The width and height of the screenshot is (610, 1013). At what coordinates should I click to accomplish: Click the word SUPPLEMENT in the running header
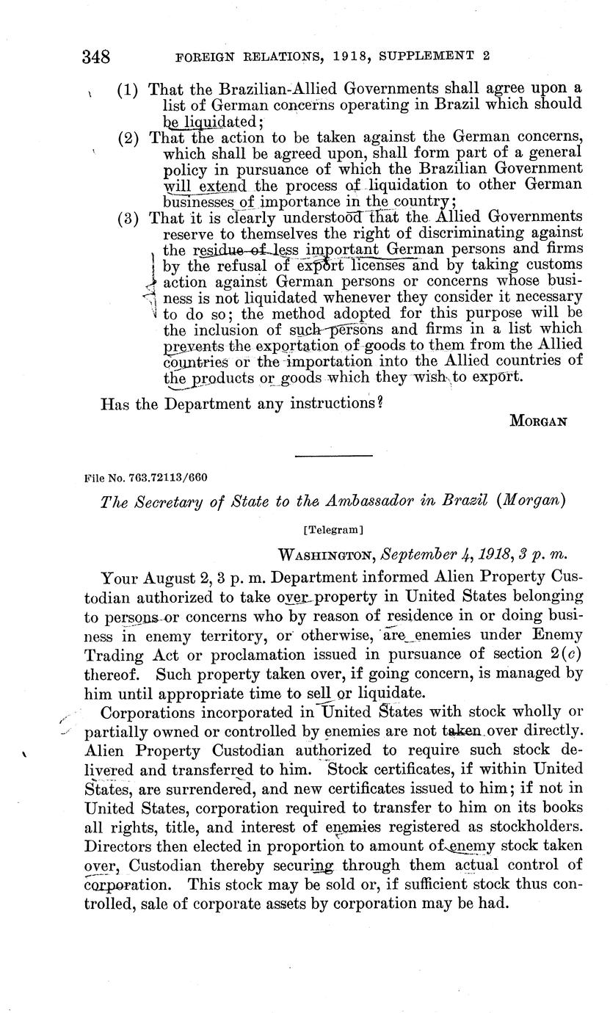point(415,55)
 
